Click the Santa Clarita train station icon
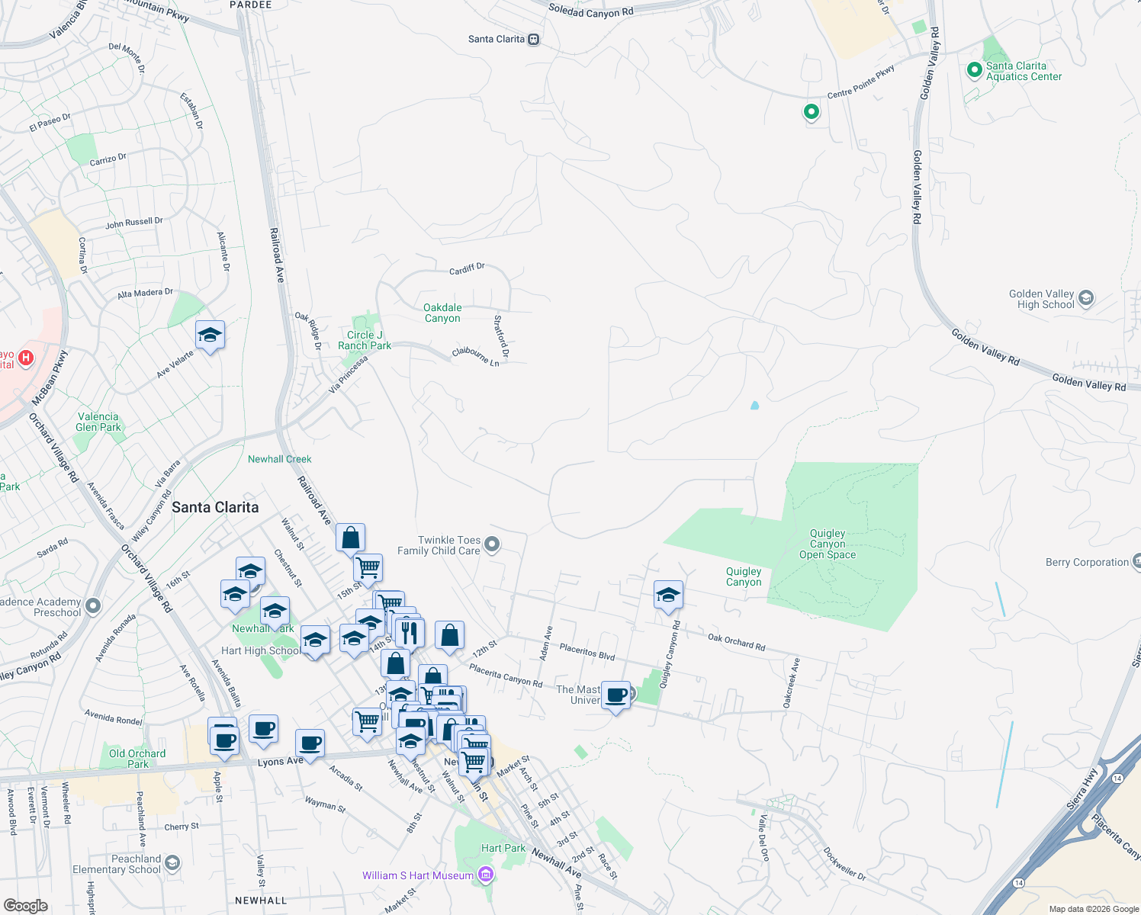pos(534,40)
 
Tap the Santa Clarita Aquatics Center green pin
pos(974,70)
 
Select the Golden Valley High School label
pos(1041,299)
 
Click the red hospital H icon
pos(26,357)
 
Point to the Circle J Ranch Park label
pos(365,340)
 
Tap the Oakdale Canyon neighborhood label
pos(442,313)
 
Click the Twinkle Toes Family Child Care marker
pos(492,544)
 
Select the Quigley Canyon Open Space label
pos(828,544)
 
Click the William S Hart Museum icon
pos(484,875)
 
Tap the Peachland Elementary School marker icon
pos(172,862)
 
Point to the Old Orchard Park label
pos(137,759)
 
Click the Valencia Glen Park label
pos(98,422)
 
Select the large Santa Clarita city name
pos(215,507)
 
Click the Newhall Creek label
pos(279,459)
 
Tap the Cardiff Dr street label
pos(467,269)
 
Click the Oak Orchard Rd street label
pos(736,642)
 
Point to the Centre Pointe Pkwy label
pos(860,82)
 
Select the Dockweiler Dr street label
pos(844,863)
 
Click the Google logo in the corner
pos(26,905)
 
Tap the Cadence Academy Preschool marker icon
pos(93,606)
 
